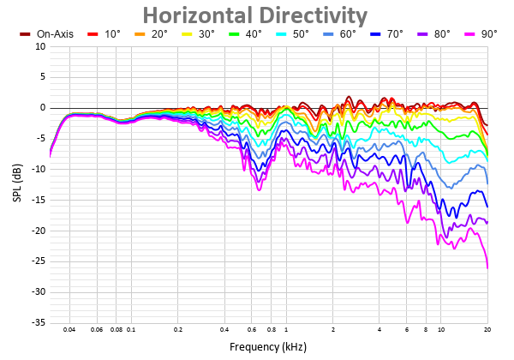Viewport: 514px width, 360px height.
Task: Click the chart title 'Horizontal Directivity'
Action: pos(254,15)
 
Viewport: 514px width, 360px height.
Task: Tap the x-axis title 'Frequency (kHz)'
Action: pos(268,347)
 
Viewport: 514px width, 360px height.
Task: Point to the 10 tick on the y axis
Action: pos(40,46)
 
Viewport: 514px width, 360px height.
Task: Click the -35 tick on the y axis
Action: pos(39,322)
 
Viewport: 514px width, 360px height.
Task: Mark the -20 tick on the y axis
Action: pos(39,231)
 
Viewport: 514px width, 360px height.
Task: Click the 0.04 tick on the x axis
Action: pos(69,329)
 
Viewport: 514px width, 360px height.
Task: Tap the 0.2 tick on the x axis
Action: pos(177,329)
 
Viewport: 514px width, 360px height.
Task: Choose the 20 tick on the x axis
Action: pos(487,329)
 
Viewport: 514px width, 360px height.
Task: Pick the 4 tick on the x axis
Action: pos(379,329)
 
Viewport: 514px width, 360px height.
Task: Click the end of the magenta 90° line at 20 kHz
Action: pos(487,268)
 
